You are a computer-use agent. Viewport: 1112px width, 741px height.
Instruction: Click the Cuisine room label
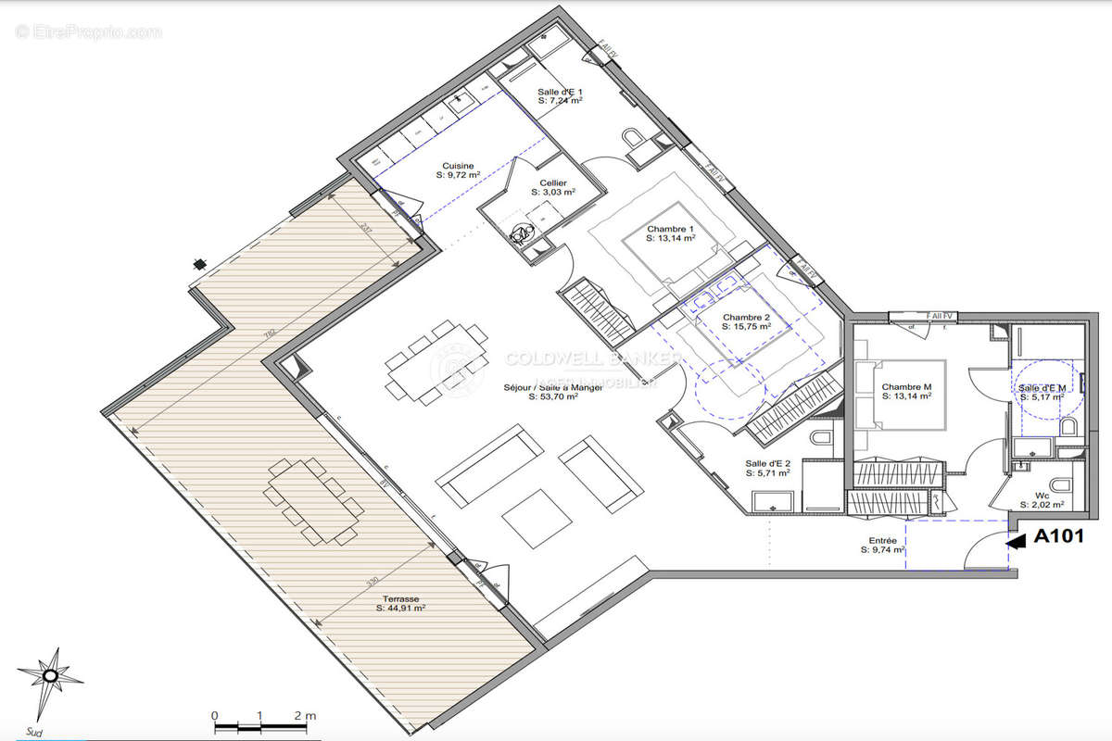(460, 166)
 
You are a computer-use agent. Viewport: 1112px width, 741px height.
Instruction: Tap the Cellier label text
(554, 183)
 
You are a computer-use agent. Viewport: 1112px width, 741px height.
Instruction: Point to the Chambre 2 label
(747, 317)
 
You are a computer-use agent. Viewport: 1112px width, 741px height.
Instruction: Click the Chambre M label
(906, 387)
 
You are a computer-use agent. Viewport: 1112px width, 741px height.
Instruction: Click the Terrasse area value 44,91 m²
(400, 609)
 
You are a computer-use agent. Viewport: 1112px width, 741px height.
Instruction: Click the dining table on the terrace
(313, 500)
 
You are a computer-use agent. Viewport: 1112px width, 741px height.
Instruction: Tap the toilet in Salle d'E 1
(635, 139)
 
